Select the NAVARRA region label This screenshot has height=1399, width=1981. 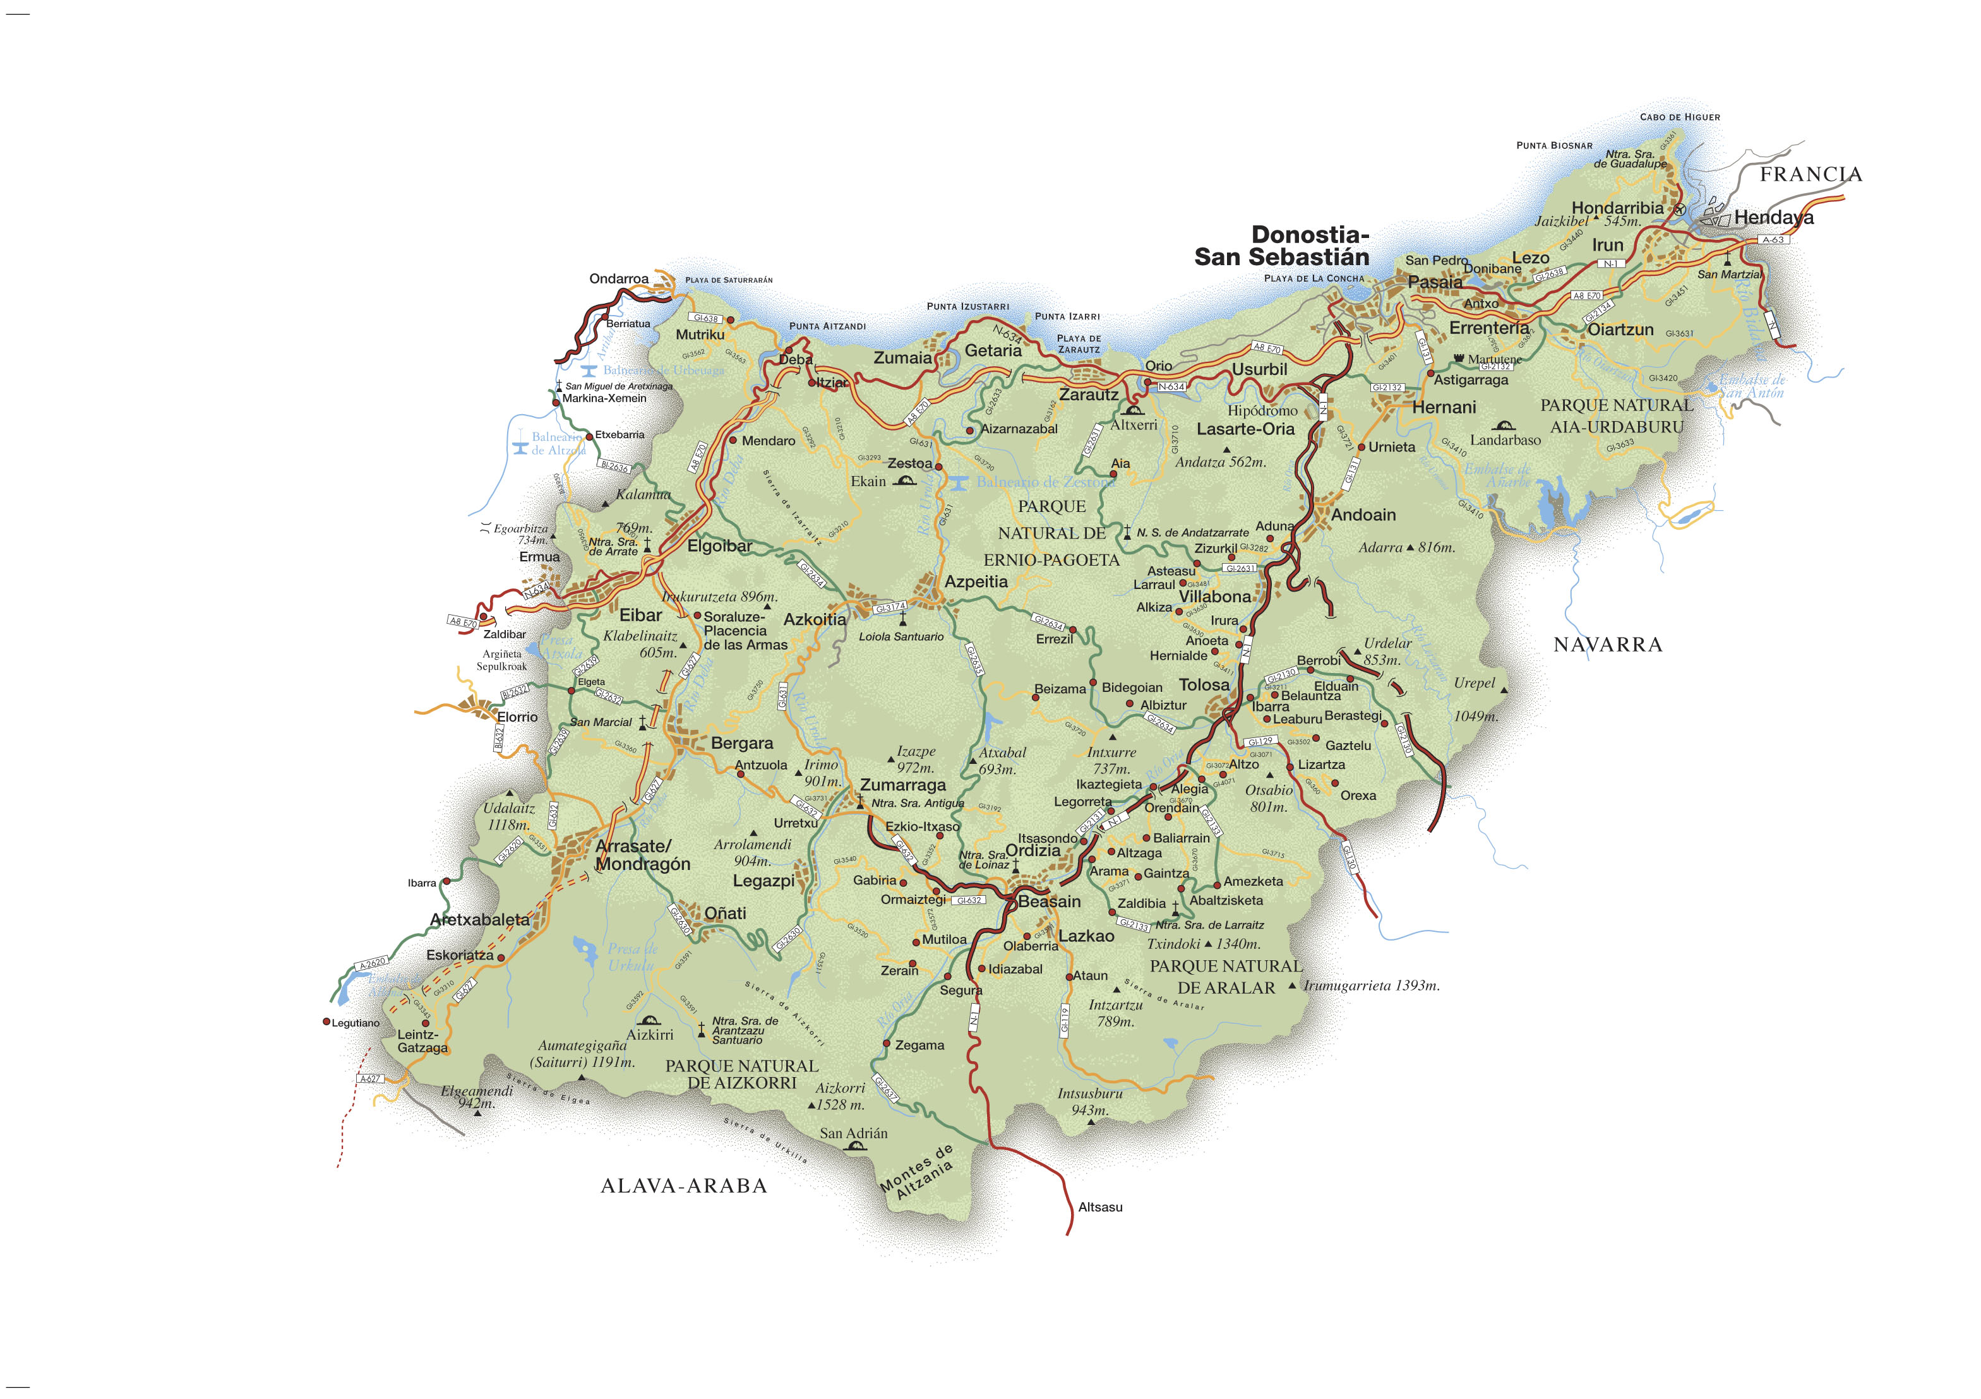(1607, 645)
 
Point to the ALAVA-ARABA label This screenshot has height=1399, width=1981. (683, 1186)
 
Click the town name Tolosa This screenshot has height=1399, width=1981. (1204, 685)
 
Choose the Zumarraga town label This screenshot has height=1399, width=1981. (902, 785)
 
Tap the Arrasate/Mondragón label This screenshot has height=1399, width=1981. (642, 855)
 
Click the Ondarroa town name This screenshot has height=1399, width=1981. (619, 278)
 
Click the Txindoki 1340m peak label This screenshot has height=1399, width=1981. (1204, 944)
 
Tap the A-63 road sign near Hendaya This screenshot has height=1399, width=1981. (1772, 240)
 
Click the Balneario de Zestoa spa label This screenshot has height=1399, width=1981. (1045, 482)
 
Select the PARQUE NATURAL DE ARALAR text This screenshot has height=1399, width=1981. (1225, 977)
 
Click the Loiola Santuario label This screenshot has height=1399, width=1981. (901, 636)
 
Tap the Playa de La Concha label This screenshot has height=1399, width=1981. (1314, 278)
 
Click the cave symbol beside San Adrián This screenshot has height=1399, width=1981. (855, 1147)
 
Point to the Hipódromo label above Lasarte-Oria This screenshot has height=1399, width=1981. (1262, 410)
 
